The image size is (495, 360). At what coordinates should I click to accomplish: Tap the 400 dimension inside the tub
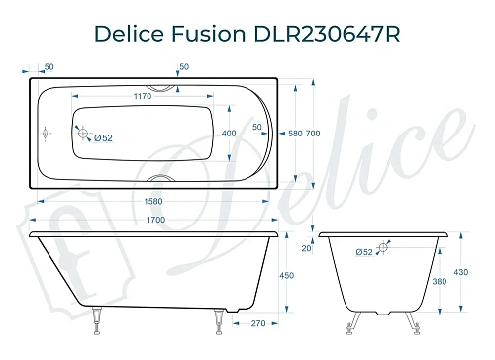230,134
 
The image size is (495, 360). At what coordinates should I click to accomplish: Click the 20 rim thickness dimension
306,250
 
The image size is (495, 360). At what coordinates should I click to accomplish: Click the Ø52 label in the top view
102,138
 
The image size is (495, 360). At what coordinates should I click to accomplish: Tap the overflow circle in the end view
381,251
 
